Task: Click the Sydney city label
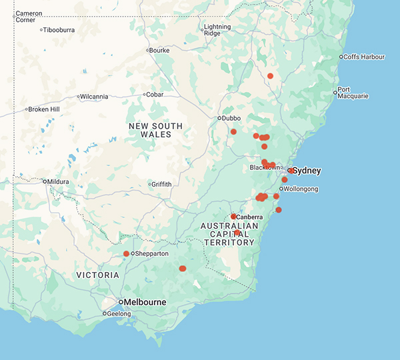[x=307, y=171]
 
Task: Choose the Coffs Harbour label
[x=365, y=57]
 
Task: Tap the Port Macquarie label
[x=353, y=93]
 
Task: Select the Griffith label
[x=162, y=184]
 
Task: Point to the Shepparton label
[x=153, y=254]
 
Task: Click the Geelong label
[x=119, y=313]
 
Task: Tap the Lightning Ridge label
[x=217, y=30]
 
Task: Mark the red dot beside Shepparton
[x=126, y=254]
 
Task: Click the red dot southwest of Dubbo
[x=233, y=132]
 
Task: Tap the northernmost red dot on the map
[x=270, y=76]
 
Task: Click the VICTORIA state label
[x=97, y=275]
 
